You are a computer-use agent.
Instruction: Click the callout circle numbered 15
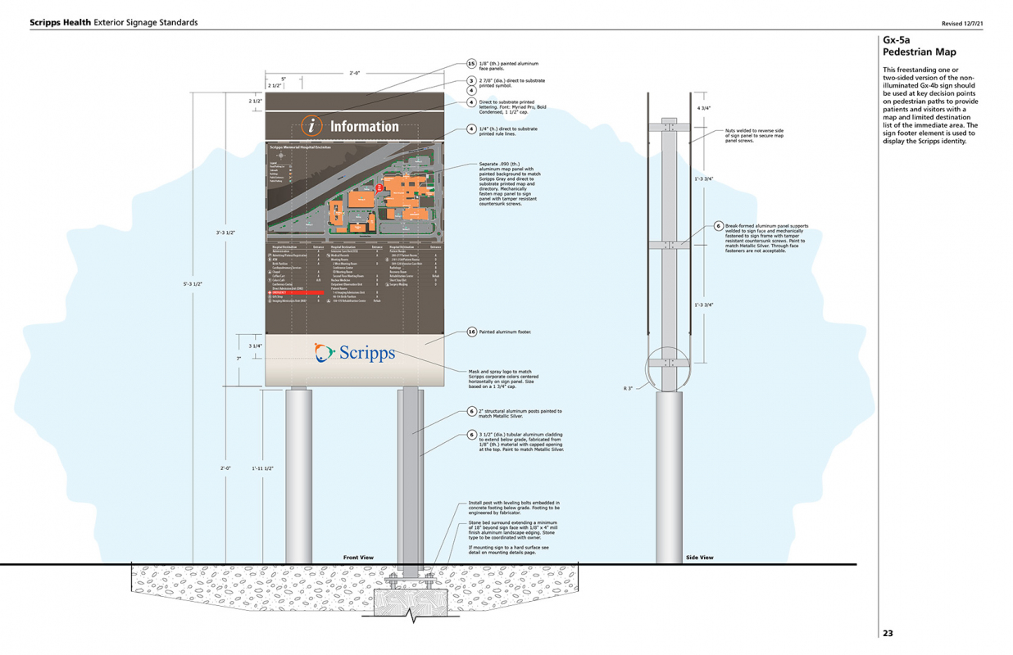471,63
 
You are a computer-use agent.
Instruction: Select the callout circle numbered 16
471,332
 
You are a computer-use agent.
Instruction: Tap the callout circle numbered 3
471,81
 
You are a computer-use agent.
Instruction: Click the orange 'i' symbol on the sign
312,126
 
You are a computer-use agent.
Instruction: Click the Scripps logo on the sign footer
355,353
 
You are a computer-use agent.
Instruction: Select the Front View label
357,558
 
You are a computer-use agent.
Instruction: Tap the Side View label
699,558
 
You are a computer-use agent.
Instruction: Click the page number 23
888,633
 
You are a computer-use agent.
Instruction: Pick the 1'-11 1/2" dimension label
263,468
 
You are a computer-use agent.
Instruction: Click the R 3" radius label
628,388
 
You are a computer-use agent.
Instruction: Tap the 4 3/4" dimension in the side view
703,108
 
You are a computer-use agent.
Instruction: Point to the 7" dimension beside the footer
238,359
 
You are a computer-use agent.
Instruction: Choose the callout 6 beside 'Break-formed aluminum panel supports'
718,226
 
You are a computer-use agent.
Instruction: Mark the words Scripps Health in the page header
60,22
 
